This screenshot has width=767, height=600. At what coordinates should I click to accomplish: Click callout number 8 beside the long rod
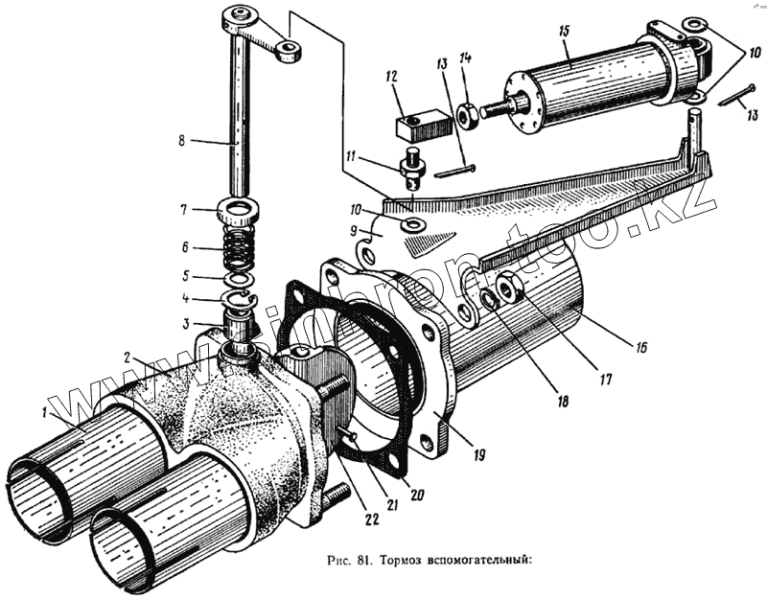coord(183,141)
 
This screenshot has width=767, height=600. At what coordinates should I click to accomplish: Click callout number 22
coord(370,519)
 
